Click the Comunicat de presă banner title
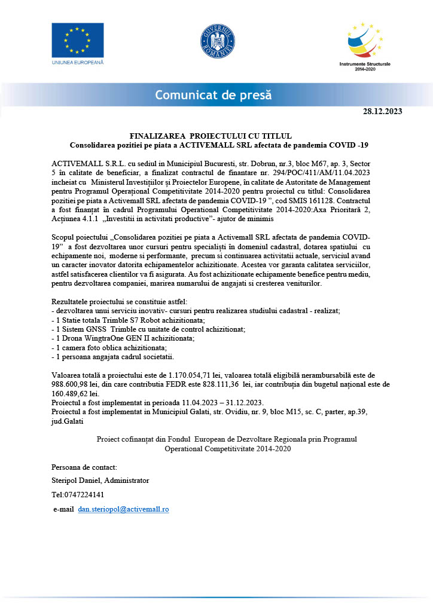tap(214, 94)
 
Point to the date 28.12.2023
tap(383, 112)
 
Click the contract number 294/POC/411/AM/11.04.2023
tap(336, 172)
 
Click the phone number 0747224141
tap(86, 495)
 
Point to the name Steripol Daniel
tap(75, 481)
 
